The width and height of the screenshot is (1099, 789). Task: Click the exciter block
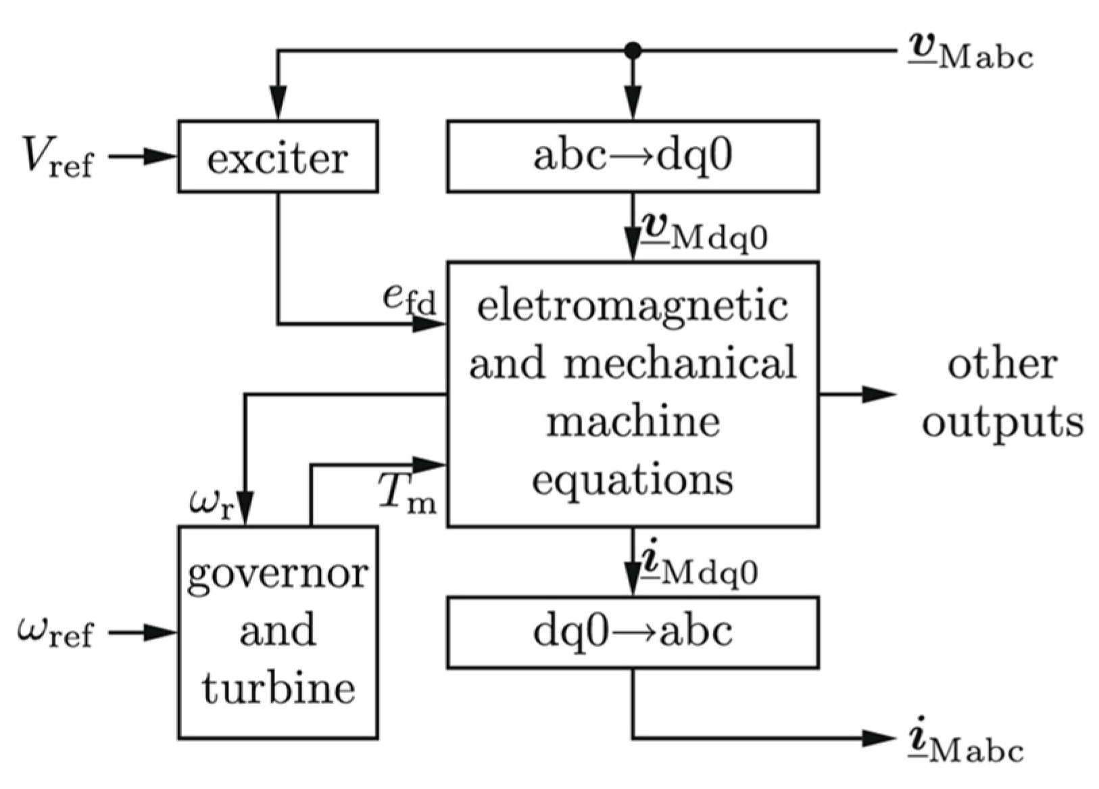coord(278,157)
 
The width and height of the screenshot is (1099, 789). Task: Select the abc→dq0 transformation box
coord(633,157)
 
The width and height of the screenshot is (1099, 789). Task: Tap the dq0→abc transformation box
coord(633,633)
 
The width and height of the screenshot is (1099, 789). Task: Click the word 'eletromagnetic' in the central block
coord(633,306)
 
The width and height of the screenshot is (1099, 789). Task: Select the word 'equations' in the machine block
coord(633,480)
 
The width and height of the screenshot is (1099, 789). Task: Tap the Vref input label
coord(57,157)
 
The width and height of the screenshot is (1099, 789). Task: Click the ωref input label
coord(55,634)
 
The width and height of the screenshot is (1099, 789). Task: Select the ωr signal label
coord(212,504)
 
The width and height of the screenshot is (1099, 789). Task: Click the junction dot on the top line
coord(633,50)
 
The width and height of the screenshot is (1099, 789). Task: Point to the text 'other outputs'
coord(1002,393)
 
